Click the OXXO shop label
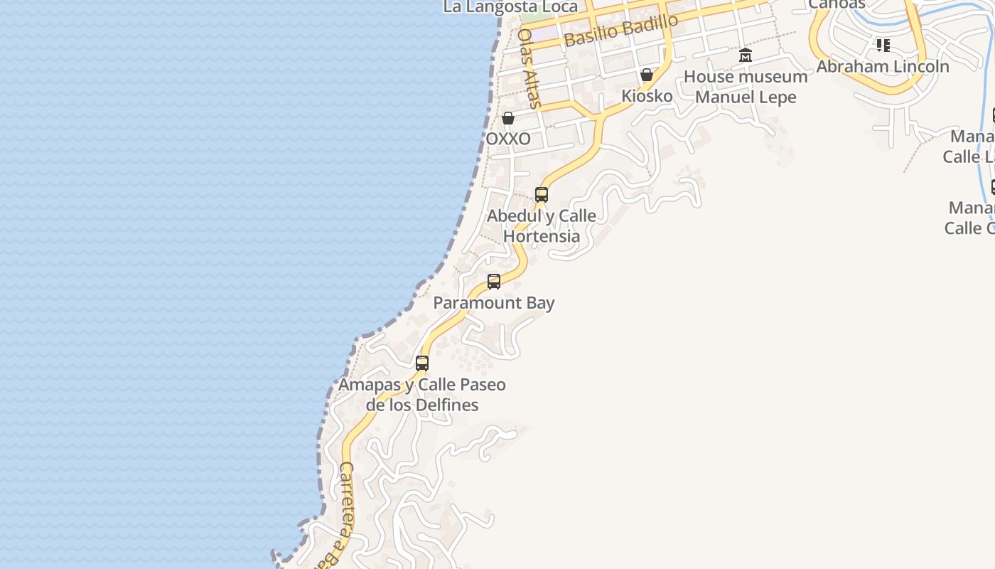507,139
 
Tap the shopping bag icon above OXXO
508,118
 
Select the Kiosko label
647,95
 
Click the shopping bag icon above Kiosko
647,75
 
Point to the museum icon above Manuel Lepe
745,55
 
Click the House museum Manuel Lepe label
745,87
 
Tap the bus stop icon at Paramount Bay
494,282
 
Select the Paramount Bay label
494,303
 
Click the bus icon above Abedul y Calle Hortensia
542,195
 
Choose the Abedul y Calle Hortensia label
542,225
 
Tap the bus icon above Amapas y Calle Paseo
422,363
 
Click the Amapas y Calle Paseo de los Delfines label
422,395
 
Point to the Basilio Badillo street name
621,30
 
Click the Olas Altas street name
529,68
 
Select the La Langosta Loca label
510,7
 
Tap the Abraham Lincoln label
882,66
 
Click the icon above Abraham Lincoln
883,46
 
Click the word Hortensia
542,235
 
